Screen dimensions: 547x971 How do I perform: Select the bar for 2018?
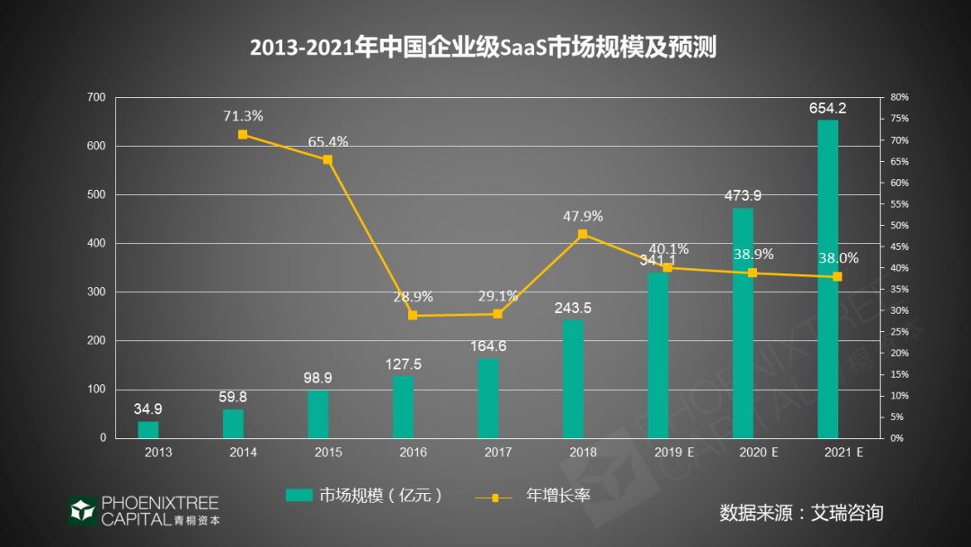tap(573, 379)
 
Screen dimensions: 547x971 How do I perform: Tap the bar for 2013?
tap(148, 429)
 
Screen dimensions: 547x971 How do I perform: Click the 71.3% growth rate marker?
tap(243, 134)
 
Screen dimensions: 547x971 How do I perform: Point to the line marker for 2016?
tap(413, 315)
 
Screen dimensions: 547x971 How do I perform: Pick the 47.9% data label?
tap(583, 216)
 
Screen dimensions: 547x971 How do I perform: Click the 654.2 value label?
tap(827, 108)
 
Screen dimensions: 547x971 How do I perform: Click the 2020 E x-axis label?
tap(758, 452)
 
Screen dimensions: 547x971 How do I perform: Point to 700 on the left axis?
tap(95, 97)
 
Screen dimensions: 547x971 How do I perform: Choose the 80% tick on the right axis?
tap(899, 97)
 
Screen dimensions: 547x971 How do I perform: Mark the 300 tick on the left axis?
tap(95, 291)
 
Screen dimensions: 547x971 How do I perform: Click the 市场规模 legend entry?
tap(364, 495)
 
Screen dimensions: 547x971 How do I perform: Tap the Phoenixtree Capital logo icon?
tap(83, 510)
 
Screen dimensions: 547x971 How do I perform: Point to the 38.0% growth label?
tap(838, 258)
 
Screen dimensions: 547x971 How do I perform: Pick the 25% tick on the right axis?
tap(899, 332)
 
